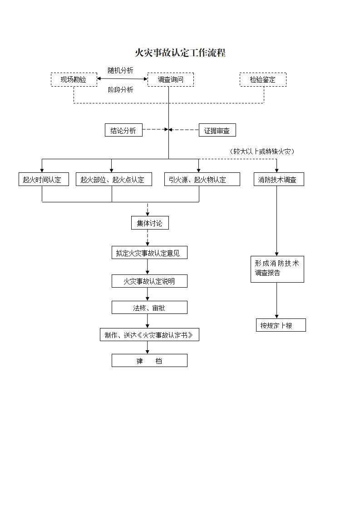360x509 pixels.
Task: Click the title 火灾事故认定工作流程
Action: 180,53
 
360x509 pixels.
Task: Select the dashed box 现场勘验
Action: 74,80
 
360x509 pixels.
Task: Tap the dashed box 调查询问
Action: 171,80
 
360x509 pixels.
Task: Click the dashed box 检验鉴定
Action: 263,80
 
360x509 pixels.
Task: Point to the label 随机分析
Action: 120,70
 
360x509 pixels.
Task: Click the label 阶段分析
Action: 120,90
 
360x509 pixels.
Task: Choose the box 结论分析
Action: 123,130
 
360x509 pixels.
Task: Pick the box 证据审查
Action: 217,131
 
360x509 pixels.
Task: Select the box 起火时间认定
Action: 42,180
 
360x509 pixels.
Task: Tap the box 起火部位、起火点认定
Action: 113,180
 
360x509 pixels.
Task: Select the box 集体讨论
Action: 149,223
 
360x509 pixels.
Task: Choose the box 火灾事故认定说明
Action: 149,281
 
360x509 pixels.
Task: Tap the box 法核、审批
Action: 149,308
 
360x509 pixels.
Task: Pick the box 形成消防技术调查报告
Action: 277,269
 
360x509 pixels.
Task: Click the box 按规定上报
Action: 281,325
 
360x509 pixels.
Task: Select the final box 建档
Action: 149,361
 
